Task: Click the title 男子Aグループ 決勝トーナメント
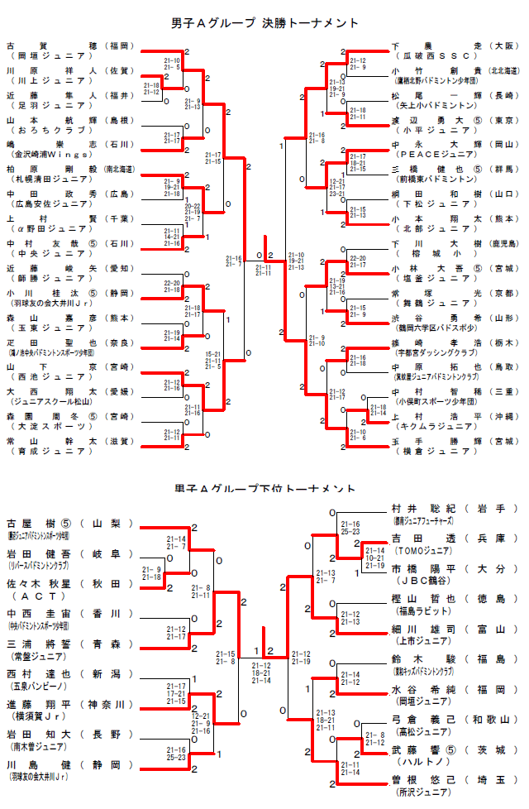265,23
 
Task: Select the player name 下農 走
435,45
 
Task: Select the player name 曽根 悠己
422,779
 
